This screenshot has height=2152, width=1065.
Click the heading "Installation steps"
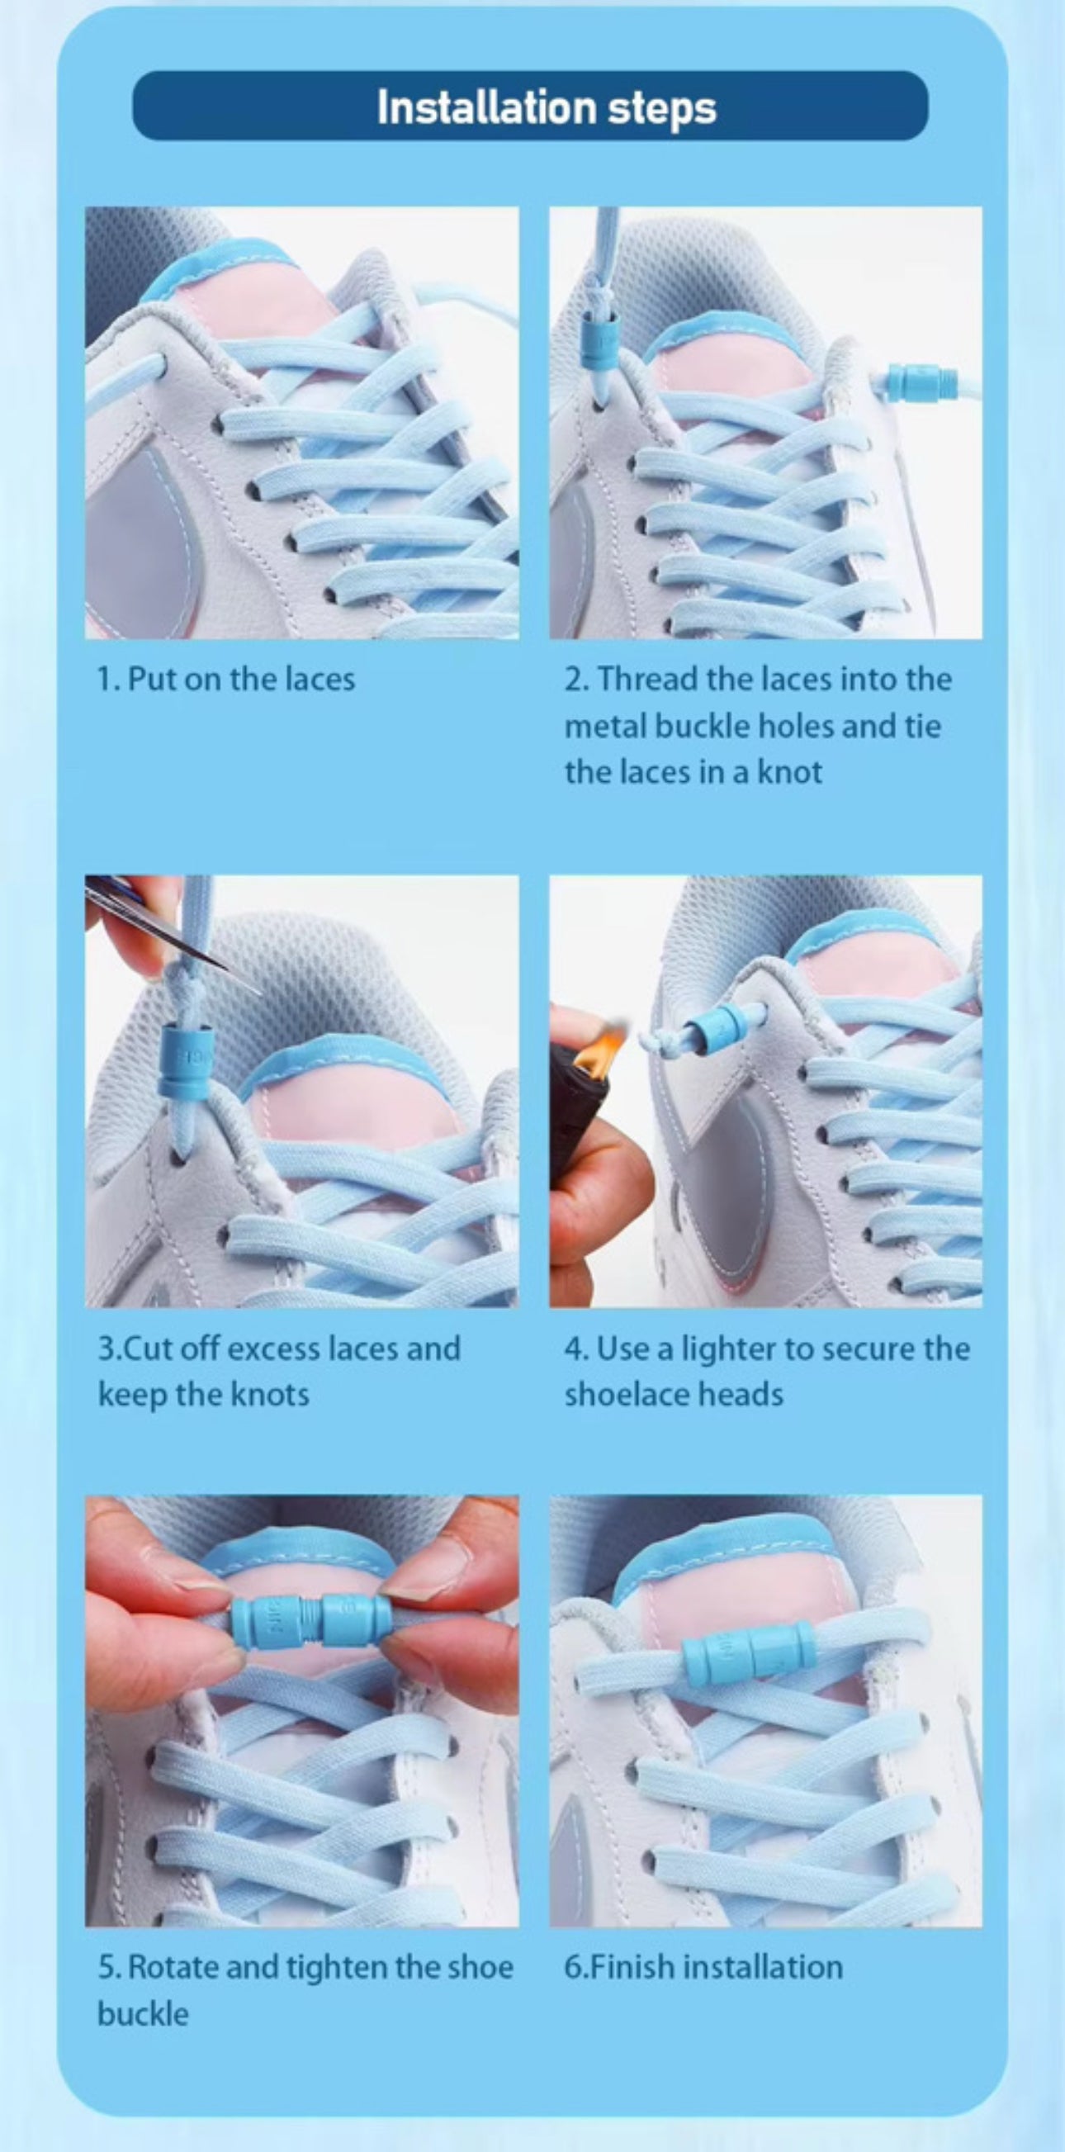(547, 107)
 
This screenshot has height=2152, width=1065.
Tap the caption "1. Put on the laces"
(225, 678)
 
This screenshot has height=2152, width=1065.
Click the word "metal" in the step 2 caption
(606, 725)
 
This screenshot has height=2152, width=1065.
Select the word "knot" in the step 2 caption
(789, 771)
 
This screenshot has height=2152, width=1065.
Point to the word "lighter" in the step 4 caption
(729, 1349)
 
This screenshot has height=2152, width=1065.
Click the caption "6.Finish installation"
(703, 1966)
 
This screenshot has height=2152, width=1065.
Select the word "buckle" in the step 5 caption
(143, 2013)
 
